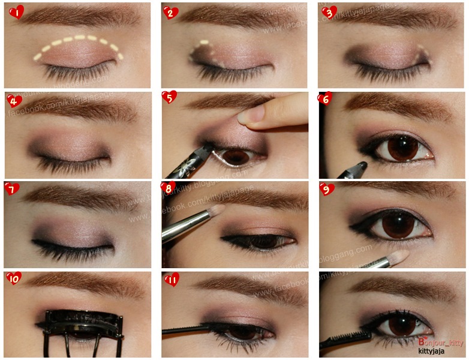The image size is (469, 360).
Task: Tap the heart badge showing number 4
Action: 13,100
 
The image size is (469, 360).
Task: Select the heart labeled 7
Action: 12,189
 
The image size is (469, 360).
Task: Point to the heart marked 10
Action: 14,278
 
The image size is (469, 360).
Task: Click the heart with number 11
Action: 171,278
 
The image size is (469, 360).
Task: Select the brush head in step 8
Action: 216,211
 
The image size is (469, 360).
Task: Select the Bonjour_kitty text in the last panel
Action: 441,342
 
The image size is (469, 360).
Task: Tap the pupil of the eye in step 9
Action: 393,227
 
